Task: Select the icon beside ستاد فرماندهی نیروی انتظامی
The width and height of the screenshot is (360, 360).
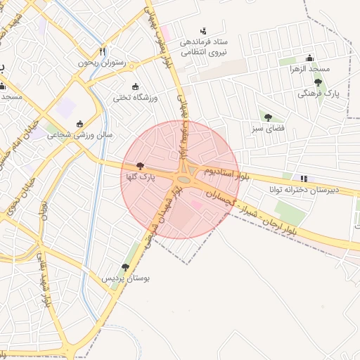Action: (203, 31)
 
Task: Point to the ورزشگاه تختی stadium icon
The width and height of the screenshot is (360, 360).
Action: (124, 85)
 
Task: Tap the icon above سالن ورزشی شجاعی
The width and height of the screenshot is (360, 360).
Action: (79, 124)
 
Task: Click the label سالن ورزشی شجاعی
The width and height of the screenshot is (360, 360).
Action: (79, 135)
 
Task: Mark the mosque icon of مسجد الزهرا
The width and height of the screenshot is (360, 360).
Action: (309, 58)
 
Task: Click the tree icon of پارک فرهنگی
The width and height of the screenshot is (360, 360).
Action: (318, 82)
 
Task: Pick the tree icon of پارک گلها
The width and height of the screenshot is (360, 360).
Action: (140, 166)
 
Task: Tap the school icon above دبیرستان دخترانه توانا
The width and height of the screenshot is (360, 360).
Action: (304, 179)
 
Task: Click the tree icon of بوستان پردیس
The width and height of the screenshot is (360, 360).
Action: (125, 267)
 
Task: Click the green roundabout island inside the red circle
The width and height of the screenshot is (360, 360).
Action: (184, 179)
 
